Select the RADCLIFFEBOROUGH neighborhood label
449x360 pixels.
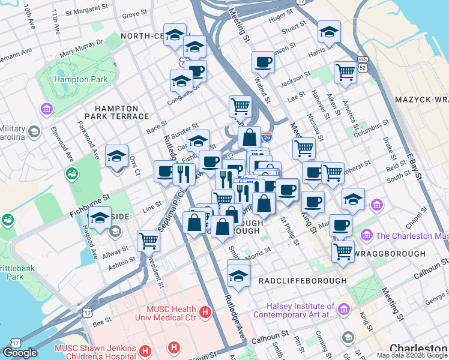coord(302,280)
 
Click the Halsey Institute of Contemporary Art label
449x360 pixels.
coord(294,310)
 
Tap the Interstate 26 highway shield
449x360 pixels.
coord(267,137)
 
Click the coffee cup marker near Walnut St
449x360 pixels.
coord(263,62)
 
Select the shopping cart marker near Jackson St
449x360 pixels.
coord(345,71)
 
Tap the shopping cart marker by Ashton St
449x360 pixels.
coord(148,241)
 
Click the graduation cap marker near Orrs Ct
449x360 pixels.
coord(116,157)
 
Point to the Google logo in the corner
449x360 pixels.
coord(20,352)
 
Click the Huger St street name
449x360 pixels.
coord(280,19)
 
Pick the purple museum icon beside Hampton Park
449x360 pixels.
coord(46,109)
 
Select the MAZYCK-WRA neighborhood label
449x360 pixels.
coord(421,98)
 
